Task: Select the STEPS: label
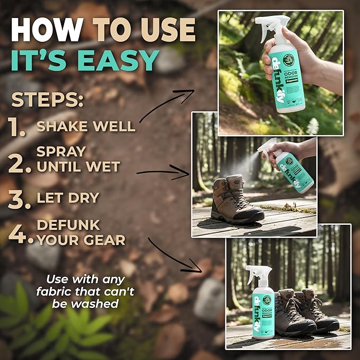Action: pos(47,100)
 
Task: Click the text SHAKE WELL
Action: pos(85,127)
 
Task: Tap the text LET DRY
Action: pos(67,198)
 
